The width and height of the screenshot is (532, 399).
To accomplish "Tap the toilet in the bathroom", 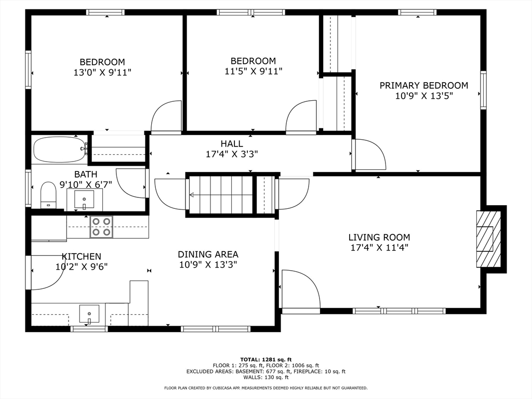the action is pyautogui.click(x=48, y=195).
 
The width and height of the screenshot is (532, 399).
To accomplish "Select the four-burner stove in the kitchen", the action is pyautogui.click(x=101, y=227).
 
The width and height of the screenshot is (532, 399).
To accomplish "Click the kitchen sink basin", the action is pyautogui.click(x=89, y=314).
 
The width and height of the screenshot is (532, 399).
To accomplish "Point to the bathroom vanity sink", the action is pyautogui.click(x=84, y=199).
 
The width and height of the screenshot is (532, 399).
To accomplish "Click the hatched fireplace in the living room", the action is pyautogui.click(x=488, y=239).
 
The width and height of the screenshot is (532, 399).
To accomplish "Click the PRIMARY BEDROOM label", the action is pyautogui.click(x=424, y=86).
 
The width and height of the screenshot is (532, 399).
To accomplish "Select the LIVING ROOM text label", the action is pyautogui.click(x=379, y=237).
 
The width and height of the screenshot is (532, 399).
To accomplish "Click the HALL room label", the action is pyautogui.click(x=232, y=144).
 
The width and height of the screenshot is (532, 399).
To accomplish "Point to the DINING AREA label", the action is pyautogui.click(x=208, y=254).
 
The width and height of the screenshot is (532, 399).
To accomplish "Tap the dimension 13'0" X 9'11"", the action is pyautogui.click(x=102, y=72).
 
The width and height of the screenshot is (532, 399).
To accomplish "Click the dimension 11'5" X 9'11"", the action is pyautogui.click(x=253, y=71).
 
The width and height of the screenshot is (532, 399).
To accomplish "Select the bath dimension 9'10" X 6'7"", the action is pyautogui.click(x=86, y=184).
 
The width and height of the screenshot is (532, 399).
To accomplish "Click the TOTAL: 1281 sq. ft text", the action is pyautogui.click(x=266, y=360).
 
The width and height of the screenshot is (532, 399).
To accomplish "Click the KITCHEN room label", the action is pyautogui.click(x=82, y=256).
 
